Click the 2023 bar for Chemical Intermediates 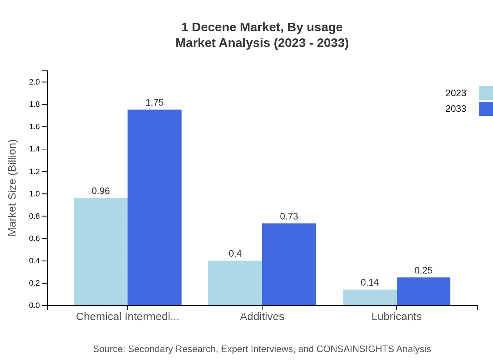tap(101, 252)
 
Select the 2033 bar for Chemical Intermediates tap(155, 207)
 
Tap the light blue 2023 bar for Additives tap(235, 283)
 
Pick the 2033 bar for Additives tap(289, 264)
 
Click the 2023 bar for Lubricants tap(369, 297)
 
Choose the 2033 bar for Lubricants tap(423, 291)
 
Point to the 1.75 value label tap(155, 103)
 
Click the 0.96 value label tap(101, 191)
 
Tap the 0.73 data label tap(289, 216)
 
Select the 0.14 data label tap(369, 283)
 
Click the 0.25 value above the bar tap(423, 270)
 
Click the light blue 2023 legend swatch tap(486, 93)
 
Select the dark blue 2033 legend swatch tap(486, 109)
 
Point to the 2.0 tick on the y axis tap(34, 82)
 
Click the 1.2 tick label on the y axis tap(34, 171)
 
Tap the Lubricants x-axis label tap(396, 317)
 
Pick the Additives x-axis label tap(262, 317)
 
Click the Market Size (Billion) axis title tap(12, 188)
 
